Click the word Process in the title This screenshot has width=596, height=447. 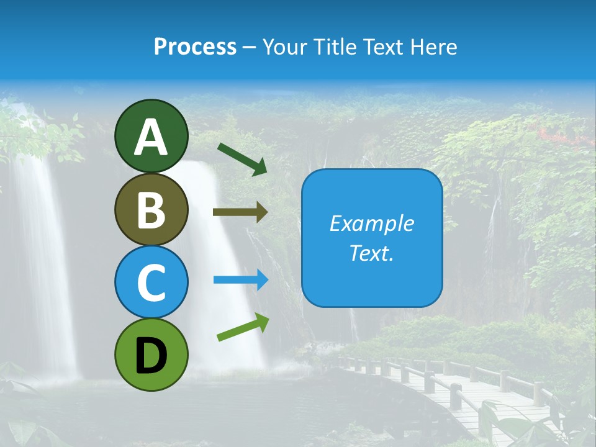coord(195,47)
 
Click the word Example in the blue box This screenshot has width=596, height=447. coord(371,223)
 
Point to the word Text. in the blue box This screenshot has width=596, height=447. coord(371,253)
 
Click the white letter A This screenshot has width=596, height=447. coord(151,138)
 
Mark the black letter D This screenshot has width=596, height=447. coord(151,355)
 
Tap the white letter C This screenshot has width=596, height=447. coord(151,283)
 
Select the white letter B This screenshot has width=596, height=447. coord(151,210)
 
